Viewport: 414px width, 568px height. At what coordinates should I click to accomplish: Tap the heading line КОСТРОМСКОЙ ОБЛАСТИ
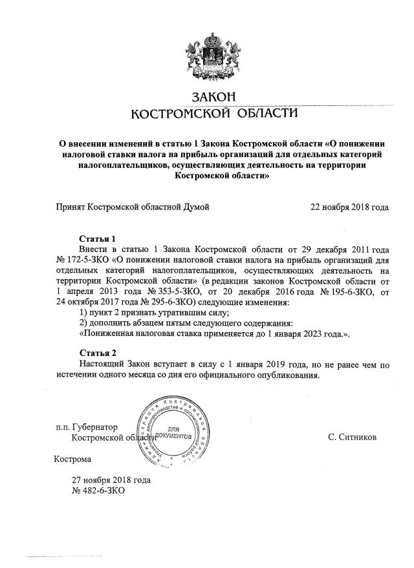pyautogui.click(x=215, y=114)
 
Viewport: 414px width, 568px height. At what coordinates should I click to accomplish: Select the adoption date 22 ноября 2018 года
pyautogui.click(x=350, y=207)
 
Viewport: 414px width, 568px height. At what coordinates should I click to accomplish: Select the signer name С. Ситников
pyautogui.click(x=352, y=437)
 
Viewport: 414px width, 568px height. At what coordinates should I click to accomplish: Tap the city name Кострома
pyautogui.click(x=72, y=459)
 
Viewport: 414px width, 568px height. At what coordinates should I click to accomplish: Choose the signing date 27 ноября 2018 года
pyautogui.click(x=111, y=480)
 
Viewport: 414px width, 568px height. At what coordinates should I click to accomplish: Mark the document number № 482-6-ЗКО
pyautogui.click(x=98, y=490)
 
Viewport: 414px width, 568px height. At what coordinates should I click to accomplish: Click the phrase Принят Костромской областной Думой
pyautogui.click(x=133, y=207)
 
